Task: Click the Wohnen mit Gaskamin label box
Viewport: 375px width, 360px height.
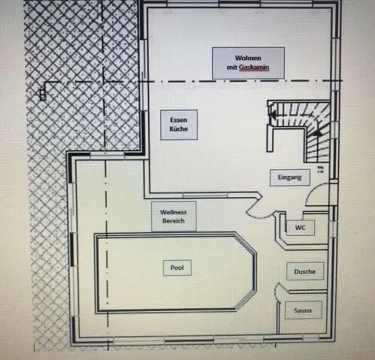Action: (248, 63)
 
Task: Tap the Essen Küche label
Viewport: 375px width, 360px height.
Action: (179, 125)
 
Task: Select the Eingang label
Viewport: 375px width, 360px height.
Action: (290, 177)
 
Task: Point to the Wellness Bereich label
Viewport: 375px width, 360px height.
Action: (173, 216)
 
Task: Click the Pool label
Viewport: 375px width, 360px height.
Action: (177, 268)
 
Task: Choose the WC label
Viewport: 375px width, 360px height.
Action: (300, 228)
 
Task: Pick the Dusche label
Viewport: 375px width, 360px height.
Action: (305, 271)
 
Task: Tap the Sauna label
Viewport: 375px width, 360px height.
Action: (303, 310)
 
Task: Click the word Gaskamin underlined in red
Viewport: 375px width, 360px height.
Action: (254, 67)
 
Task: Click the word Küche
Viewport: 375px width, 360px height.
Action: (179, 129)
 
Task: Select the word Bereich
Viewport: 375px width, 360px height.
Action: (173, 221)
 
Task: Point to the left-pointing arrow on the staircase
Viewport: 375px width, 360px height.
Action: (272, 115)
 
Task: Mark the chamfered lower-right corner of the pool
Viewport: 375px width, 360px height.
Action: (247, 302)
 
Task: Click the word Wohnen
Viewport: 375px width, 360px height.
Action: (248, 58)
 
